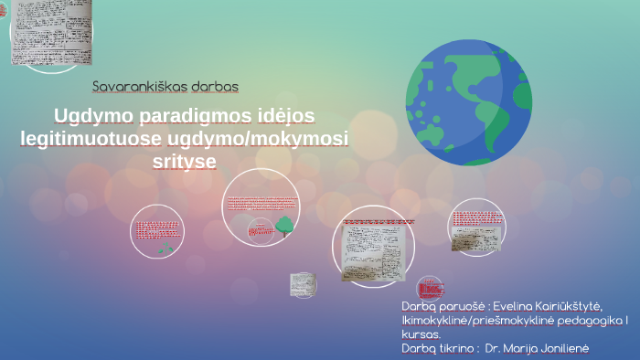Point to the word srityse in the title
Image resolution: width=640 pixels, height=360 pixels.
click(x=186, y=161)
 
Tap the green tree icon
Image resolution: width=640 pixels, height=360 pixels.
click(x=284, y=225)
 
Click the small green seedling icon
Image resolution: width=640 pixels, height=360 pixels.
click(x=165, y=248)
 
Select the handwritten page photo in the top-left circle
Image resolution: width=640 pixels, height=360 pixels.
click(x=51, y=32)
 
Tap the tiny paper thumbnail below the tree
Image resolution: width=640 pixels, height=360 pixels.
click(x=303, y=284)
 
